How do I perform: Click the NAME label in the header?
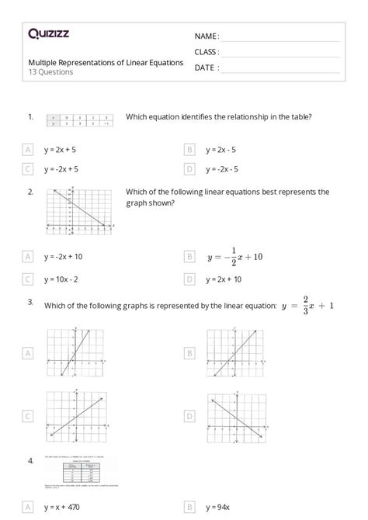[207, 36]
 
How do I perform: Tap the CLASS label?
[207, 51]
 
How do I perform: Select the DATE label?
[206, 68]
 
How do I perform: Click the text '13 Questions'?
[51, 72]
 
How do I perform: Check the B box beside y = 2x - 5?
[189, 148]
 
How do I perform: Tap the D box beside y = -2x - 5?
[189, 168]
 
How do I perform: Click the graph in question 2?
[79, 210]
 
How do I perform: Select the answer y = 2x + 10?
[224, 279]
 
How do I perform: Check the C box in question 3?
[29, 417]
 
